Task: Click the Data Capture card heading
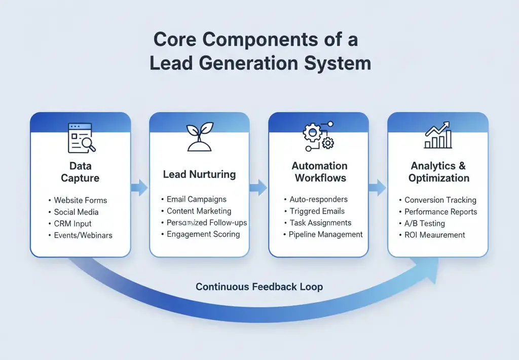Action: [x=80, y=172]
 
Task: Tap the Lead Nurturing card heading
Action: [x=199, y=174]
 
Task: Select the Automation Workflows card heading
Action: [x=319, y=172]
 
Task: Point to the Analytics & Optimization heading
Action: [x=439, y=172]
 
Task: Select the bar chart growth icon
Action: [x=438, y=135]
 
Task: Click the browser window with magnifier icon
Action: [x=81, y=137]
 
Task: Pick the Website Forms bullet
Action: [x=80, y=200]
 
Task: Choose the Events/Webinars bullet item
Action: [x=83, y=235]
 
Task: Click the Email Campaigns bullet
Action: [x=196, y=199]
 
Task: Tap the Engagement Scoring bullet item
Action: [x=203, y=234]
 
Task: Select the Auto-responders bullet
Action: [x=319, y=199]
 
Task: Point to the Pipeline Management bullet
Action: [x=325, y=234]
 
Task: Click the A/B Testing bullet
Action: [x=424, y=223]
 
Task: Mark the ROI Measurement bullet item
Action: [x=434, y=235]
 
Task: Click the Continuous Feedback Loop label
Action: [x=259, y=287]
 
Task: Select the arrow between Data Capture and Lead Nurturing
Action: [x=139, y=188]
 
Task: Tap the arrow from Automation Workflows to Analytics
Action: [x=377, y=188]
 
